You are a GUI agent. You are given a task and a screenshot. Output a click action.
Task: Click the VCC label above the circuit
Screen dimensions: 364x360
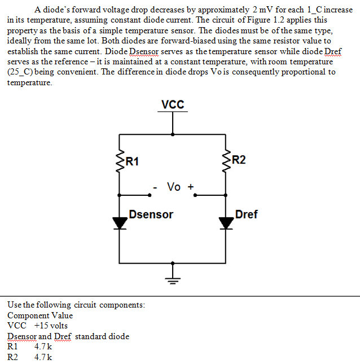tap(172, 104)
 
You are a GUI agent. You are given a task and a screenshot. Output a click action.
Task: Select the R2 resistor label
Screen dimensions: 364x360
tap(239, 160)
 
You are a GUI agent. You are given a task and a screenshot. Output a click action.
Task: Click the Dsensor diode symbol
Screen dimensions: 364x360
tap(120, 222)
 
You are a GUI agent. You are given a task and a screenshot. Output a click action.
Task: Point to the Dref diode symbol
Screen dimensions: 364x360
tap(226, 222)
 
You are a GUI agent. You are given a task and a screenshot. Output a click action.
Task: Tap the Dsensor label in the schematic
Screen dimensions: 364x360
tap(151, 214)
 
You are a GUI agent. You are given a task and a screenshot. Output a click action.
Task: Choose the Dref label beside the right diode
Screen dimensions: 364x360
tap(247, 214)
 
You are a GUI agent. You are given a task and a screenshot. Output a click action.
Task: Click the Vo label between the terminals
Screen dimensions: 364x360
tap(173, 186)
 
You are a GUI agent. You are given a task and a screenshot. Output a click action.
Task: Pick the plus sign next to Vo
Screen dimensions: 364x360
tap(191, 186)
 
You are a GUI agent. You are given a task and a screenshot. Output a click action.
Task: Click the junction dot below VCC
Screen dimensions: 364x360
tap(173, 134)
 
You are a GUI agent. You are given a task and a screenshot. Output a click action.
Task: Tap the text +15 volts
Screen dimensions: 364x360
tap(51, 326)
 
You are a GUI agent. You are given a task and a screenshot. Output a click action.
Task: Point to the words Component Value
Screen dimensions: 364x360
tap(40, 315)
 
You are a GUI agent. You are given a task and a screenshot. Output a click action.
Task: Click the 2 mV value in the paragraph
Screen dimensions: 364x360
tap(264, 10)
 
